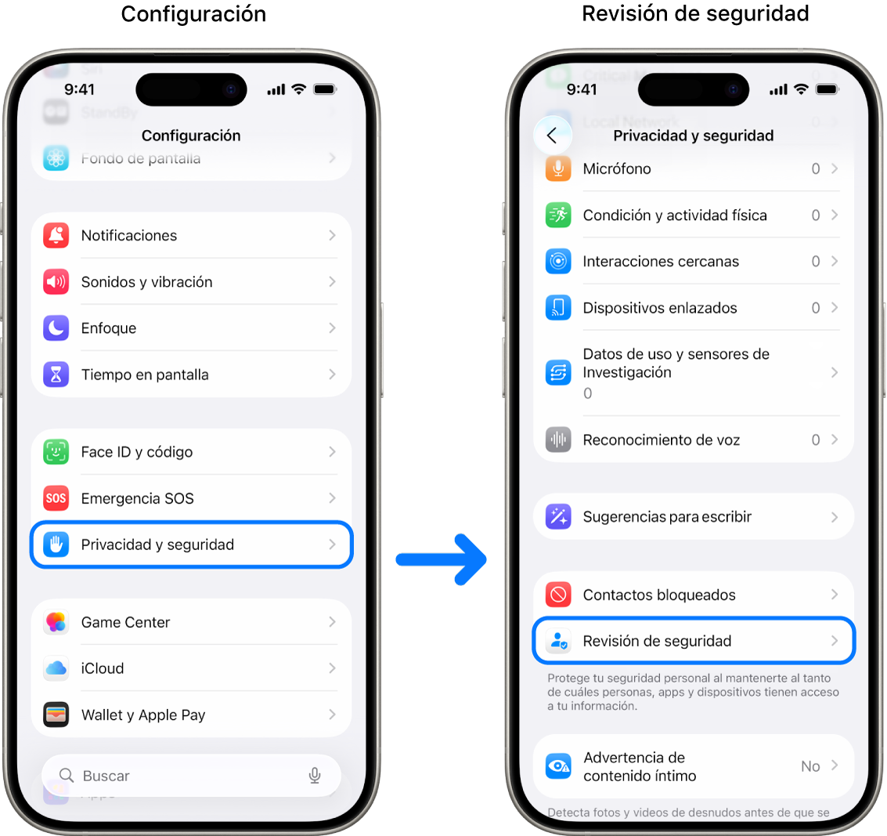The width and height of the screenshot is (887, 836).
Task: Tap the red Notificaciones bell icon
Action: click(56, 235)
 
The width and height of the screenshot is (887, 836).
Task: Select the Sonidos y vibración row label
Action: click(146, 282)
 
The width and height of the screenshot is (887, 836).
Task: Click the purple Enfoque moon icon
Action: click(56, 328)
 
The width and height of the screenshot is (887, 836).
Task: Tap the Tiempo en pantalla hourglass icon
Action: click(56, 375)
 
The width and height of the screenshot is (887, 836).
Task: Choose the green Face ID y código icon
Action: click(56, 452)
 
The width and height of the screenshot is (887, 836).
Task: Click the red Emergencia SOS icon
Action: click(56, 498)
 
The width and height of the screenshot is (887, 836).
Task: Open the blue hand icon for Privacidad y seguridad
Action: click(56, 545)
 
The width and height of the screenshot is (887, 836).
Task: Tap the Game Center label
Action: click(125, 622)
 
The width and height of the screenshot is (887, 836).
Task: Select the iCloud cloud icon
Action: click(56, 668)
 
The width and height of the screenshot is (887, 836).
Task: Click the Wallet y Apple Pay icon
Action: click(56, 715)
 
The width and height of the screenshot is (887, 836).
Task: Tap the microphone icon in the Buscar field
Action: click(315, 776)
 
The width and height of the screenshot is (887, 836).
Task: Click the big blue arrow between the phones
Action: click(442, 559)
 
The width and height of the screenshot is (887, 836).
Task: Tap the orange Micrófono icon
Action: click(558, 168)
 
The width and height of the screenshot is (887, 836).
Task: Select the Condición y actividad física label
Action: click(675, 215)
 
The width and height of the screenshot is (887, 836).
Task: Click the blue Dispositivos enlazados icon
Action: click(558, 308)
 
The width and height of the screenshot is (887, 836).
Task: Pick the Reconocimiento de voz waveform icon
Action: click(558, 440)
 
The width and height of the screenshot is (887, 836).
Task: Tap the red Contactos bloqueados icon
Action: click(558, 595)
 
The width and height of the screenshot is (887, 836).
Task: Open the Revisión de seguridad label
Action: click(657, 641)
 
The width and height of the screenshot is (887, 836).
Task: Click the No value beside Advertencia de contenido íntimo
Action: click(810, 766)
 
